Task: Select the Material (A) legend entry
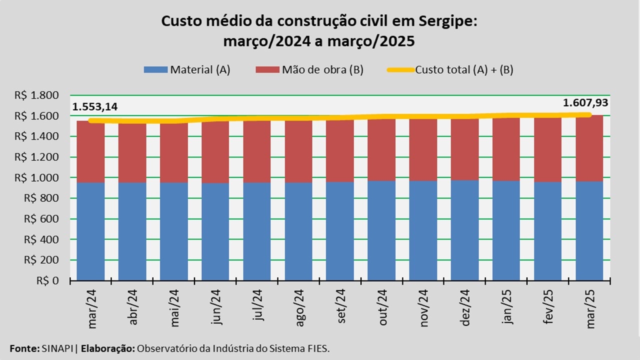tap(187, 70)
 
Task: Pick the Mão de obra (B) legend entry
tap(309, 70)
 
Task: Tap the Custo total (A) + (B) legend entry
tap(450, 70)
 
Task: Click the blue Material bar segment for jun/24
tap(215, 232)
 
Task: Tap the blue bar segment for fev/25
tap(548, 231)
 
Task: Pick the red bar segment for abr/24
tap(132, 152)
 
